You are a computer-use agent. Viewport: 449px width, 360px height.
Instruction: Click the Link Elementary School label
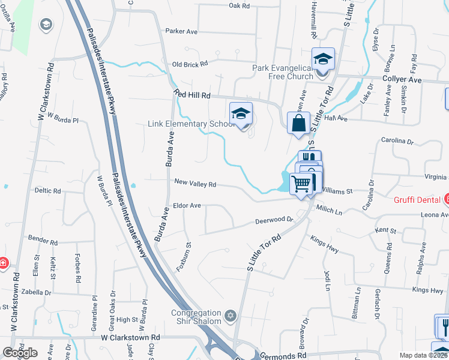[x=190, y=124]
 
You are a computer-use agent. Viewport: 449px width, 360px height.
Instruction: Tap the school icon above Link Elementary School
[x=241, y=113]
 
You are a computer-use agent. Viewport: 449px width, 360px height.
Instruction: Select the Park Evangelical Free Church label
[x=283, y=72]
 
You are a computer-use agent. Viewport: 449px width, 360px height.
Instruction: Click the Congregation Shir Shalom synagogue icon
[x=229, y=316]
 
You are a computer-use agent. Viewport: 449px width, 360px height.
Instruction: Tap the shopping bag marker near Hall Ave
[x=298, y=124]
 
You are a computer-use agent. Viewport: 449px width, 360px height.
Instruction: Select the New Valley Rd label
[x=195, y=184]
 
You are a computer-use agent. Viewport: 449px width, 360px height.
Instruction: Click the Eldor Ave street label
[x=187, y=205]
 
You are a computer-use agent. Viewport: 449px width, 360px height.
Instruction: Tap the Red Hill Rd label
[x=192, y=94]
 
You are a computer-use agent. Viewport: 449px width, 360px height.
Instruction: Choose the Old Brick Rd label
[x=190, y=64]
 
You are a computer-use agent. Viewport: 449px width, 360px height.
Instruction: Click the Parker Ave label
[x=181, y=31]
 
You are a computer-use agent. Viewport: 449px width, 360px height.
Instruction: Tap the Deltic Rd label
[x=47, y=191]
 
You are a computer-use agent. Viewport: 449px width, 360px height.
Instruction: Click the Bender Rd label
[x=42, y=242]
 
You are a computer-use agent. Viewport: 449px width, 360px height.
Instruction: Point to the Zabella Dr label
[x=35, y=292]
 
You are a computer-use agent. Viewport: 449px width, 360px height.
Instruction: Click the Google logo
[x=20, y=353]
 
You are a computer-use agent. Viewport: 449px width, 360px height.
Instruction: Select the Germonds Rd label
[x=280, y=356]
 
